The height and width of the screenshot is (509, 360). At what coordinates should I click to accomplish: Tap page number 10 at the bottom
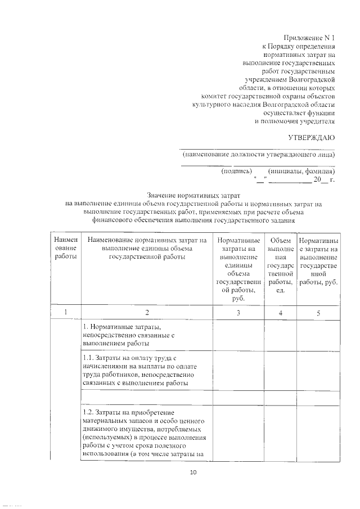tap(192, 472)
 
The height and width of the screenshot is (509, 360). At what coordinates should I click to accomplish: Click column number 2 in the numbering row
tap(148, 313)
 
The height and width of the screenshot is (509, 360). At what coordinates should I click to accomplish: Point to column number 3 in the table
tap(238, 313)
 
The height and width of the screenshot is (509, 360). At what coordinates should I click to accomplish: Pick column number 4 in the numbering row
tap(280, 313)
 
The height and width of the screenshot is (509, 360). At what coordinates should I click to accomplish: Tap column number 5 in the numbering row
tap(318, 313)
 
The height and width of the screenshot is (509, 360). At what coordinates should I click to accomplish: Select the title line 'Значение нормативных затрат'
tap(192, 195)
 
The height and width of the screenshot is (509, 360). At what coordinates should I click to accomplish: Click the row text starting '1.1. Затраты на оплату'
tap(138, 371)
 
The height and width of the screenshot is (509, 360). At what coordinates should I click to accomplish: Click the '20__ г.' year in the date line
tap(324, 180)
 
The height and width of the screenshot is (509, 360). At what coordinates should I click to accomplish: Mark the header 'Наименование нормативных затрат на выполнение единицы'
tap(148, 248)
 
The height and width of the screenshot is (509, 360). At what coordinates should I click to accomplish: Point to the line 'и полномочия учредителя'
tap(295, 121)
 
